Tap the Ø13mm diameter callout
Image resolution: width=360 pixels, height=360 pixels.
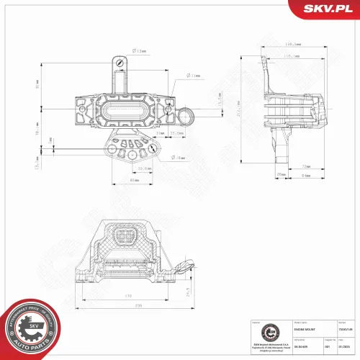[140, 50]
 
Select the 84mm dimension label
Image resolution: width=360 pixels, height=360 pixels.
[305, 175]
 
